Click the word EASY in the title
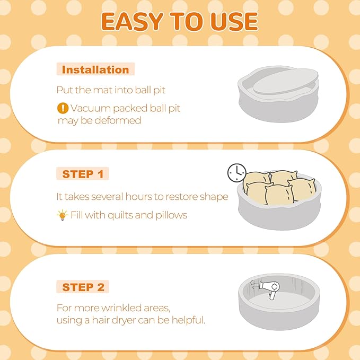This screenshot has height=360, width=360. coord(132,21)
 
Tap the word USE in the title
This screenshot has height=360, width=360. coord(234,21)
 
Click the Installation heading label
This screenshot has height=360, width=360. coord(95,69)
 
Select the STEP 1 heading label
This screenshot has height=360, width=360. coord(83,174)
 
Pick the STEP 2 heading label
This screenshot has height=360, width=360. coord(83,287)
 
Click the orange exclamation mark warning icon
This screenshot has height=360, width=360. coord(63,108)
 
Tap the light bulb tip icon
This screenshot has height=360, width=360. coord(62,215)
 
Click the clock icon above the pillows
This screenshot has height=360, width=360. coord(236,173)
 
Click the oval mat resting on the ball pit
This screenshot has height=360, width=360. coord(286,82)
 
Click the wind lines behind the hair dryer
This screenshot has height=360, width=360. coord(254,285)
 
